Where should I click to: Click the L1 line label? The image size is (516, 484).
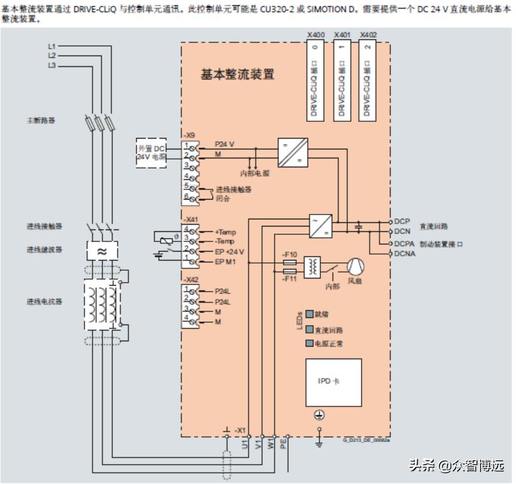point(51,46)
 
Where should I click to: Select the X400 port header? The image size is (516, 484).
point(316,35)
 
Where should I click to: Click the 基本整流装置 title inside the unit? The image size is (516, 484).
point(237,75)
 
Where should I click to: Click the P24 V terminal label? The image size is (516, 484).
point(225,145)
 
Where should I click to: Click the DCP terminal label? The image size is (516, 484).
point(402,222)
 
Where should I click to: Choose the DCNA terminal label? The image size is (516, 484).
point(404,254)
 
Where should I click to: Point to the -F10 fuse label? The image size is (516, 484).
point(289,253)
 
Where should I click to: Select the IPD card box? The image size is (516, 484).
point(333,382)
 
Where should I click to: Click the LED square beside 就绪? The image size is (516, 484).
point(310,313)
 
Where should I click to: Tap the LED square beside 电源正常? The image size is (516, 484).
point(310,344)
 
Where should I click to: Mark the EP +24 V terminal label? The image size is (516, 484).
point(230,252)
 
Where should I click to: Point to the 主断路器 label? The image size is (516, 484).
point(41,120)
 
